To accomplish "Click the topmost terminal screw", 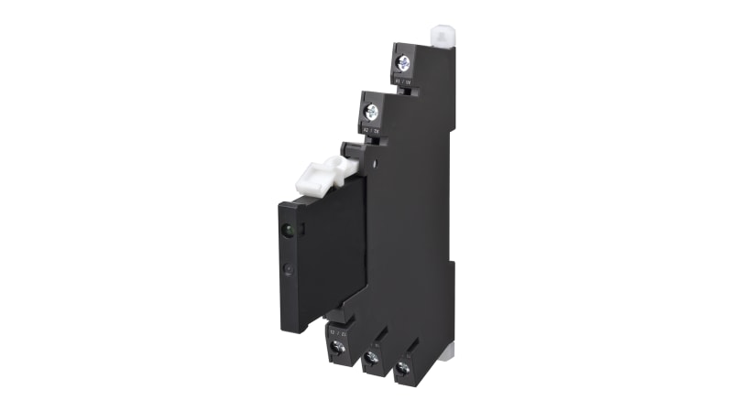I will pos(402,63).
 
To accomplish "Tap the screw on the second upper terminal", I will pos(371,113).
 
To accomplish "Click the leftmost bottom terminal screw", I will pos(336,348).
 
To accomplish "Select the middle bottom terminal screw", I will pos(370,358).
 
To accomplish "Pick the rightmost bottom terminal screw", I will pos(403,368).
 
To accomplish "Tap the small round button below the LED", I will pos(290,270).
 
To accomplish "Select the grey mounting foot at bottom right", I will pos(447,353).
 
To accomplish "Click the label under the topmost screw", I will pos(403,81).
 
